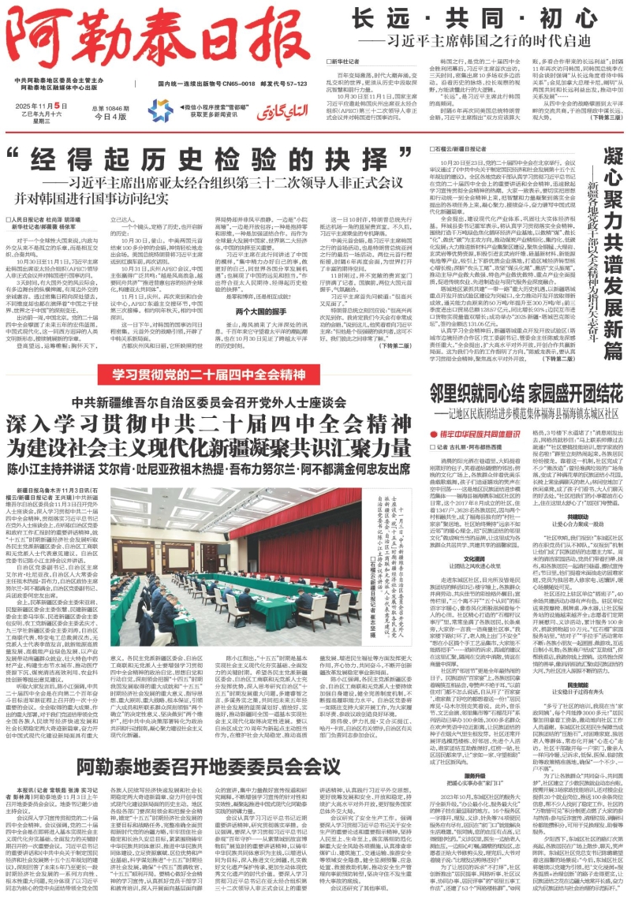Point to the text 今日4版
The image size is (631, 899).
(x=110, y=115)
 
